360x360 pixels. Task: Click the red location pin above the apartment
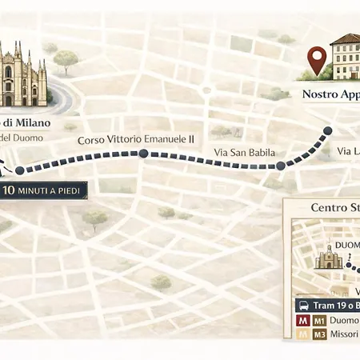click(319, 58)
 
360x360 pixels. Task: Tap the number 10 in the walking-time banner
click(12, 190)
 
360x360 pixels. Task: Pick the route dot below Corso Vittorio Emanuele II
click(142, 153)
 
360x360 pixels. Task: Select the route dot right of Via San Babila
click(281, 166)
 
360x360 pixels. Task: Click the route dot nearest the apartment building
click(326, 131)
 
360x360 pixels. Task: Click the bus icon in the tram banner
click(304, 305)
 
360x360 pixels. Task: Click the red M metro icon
click(302, 320)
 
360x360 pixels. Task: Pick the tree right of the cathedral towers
click(65, 59)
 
